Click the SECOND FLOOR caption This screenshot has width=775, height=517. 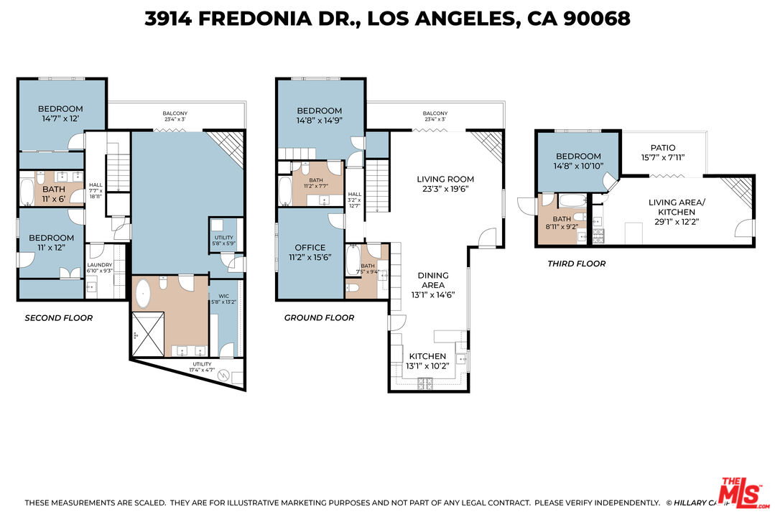click(59, 317)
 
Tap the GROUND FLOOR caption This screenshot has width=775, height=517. click(319, 317)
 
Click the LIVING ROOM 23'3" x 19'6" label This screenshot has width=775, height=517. click(445, 185)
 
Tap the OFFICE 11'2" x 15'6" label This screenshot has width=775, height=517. click(310, 253)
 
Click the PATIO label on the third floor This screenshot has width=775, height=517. click(663, 153)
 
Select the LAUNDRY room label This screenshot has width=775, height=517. click(99, 267)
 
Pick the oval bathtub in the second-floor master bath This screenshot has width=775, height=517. click(144, 294)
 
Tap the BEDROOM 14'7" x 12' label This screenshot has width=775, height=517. click(60, 113)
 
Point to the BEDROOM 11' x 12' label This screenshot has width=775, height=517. click(51, 243)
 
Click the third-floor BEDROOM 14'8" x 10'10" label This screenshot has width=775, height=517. click(578, 161)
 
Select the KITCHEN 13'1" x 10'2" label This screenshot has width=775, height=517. click(428, 361)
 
